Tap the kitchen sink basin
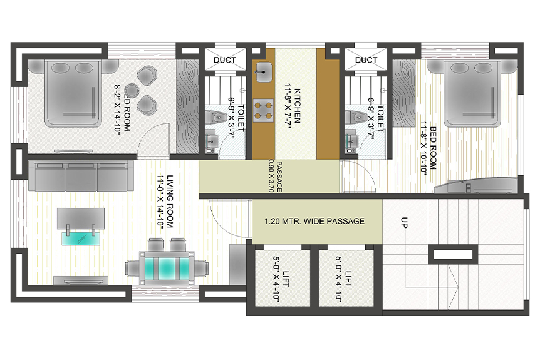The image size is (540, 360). point(264,72)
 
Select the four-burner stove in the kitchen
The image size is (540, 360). point(264,110)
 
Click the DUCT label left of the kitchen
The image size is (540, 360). point(225,60)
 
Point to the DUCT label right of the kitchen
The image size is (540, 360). point(366,60)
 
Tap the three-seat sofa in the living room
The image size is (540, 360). point(81,176)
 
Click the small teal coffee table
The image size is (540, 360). point(81,238)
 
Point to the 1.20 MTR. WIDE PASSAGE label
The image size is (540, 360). point(314,221)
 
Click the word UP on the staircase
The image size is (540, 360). point(404,222)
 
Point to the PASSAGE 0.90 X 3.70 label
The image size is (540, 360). point(276,176)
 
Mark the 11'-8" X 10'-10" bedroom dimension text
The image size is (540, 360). point(423,148)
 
